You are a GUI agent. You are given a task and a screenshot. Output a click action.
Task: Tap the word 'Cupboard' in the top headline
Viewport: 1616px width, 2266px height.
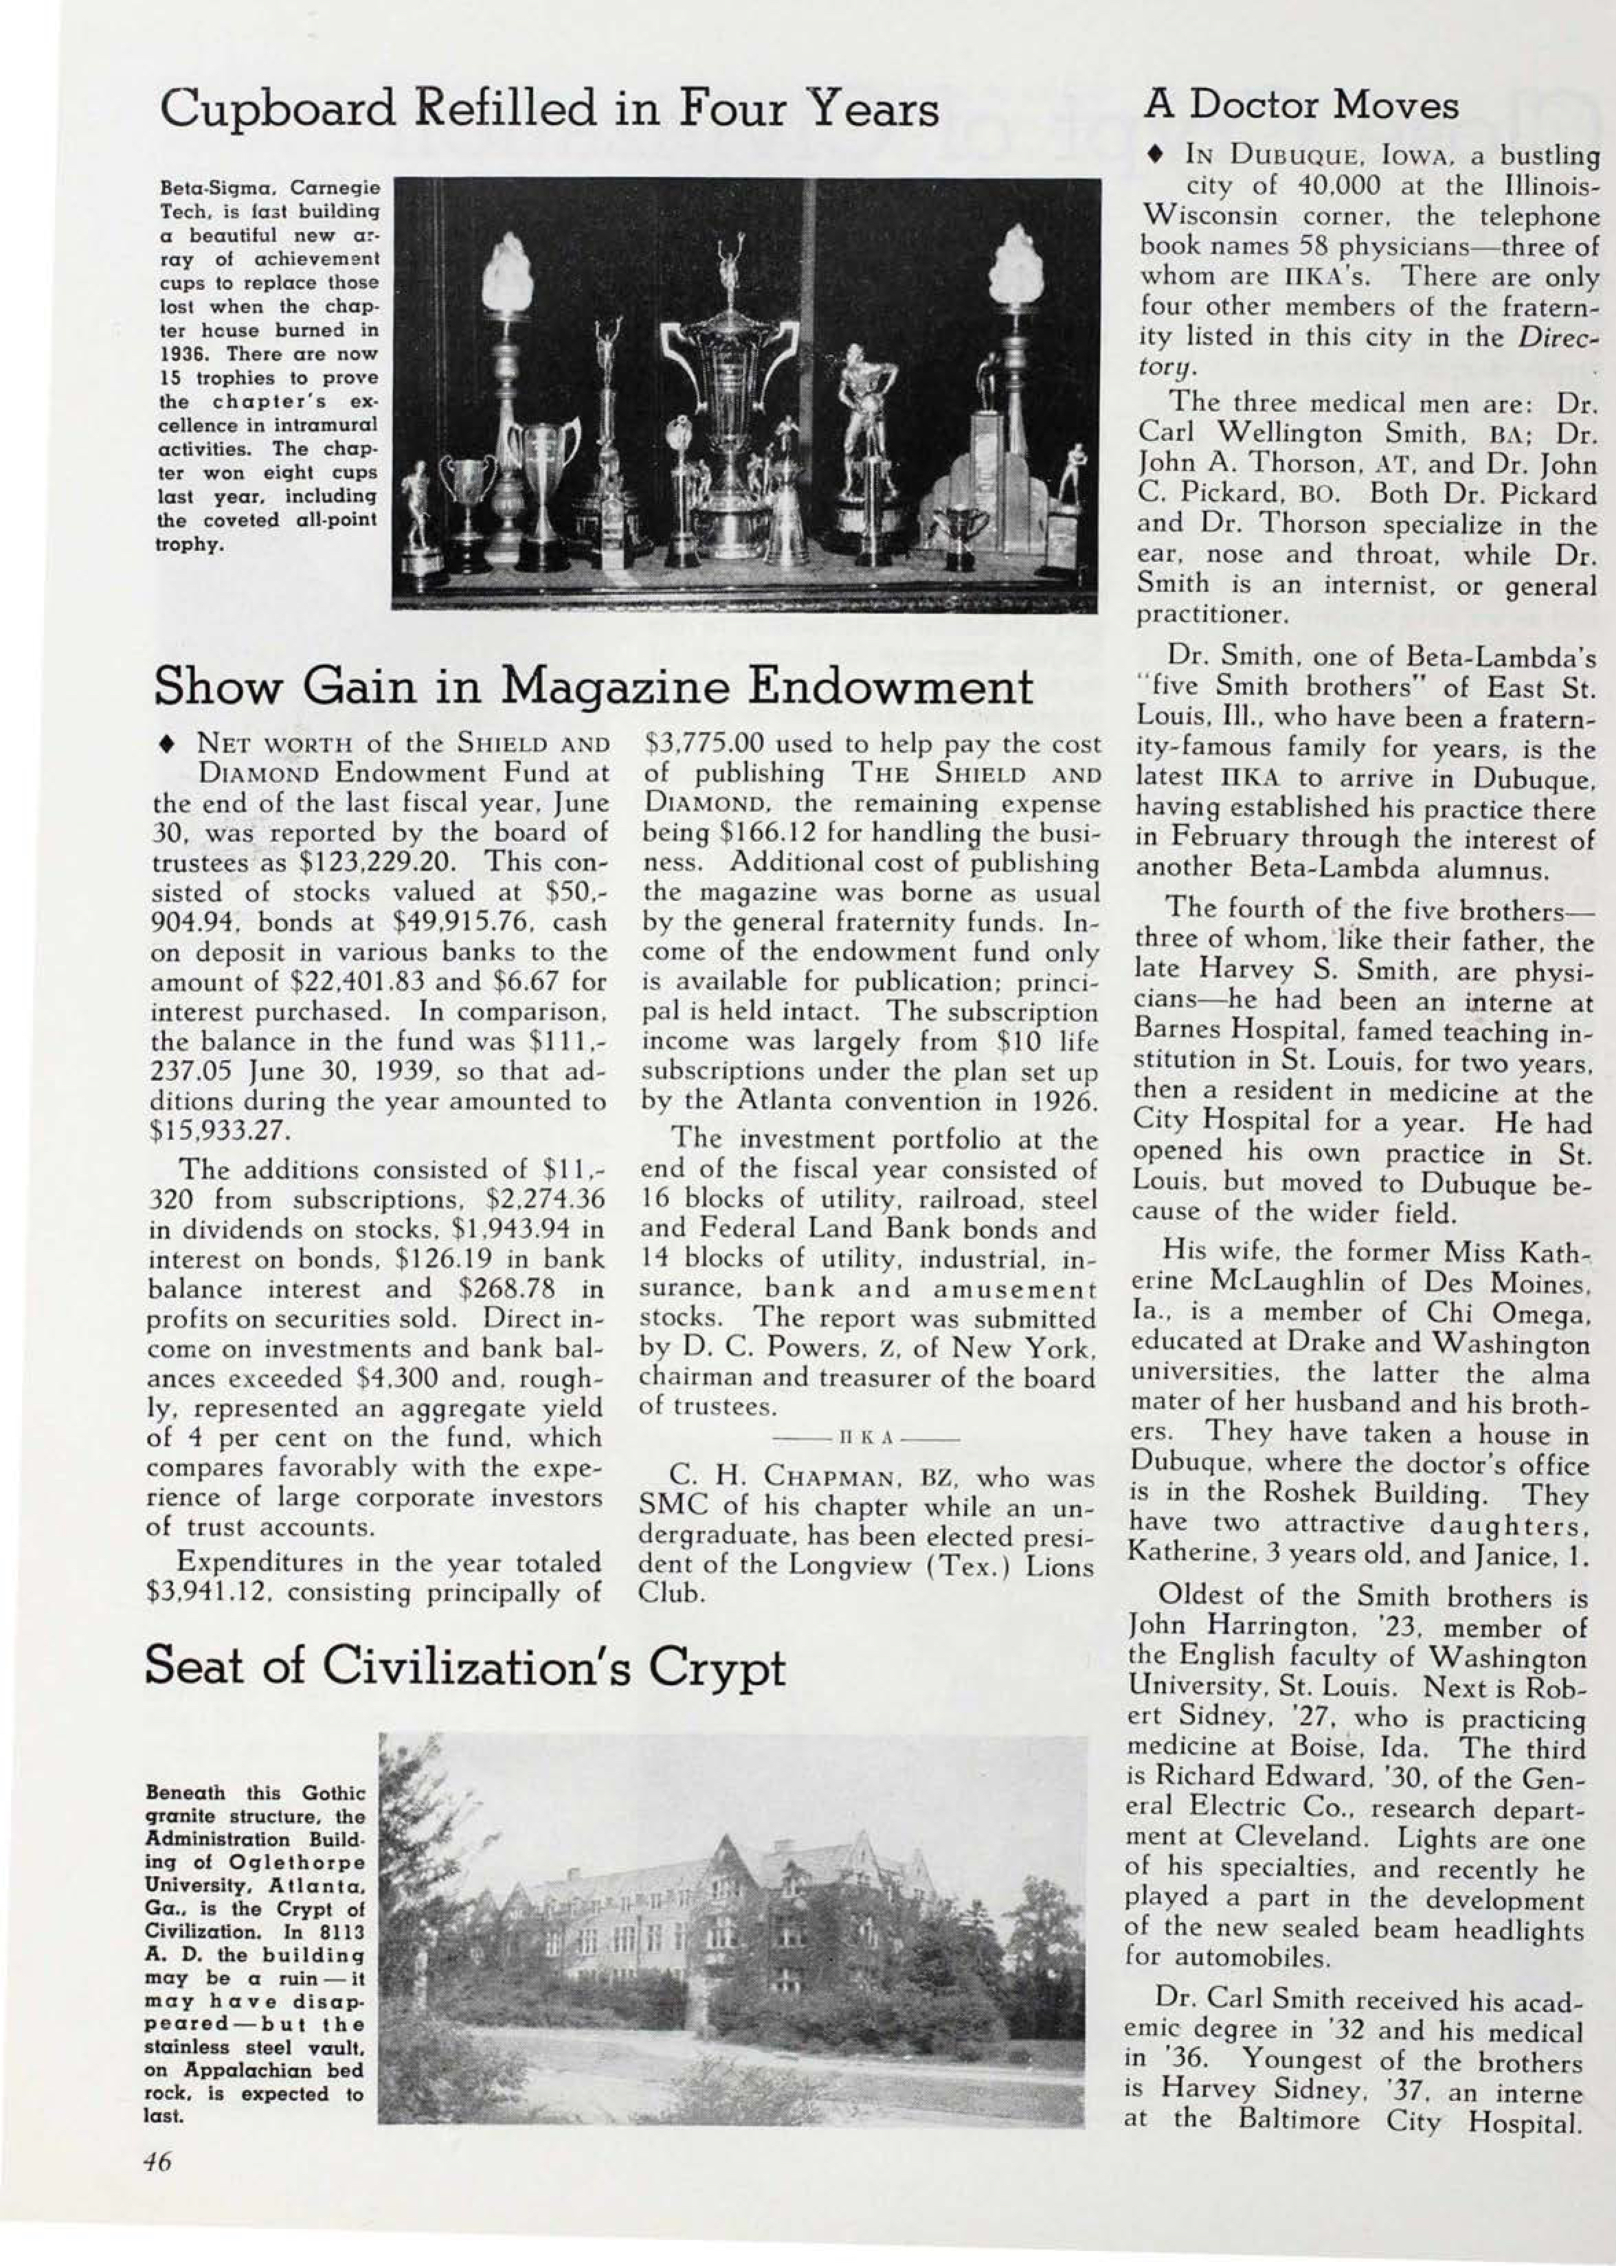point(280,109)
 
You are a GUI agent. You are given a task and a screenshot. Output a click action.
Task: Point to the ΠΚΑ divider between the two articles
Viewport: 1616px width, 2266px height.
point(868,1438)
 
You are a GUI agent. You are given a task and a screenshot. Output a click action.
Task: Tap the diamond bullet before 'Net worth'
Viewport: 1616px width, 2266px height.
point(164,745)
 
